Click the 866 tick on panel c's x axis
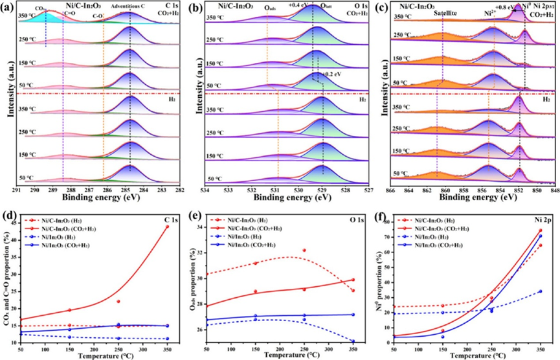coord(390,192)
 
